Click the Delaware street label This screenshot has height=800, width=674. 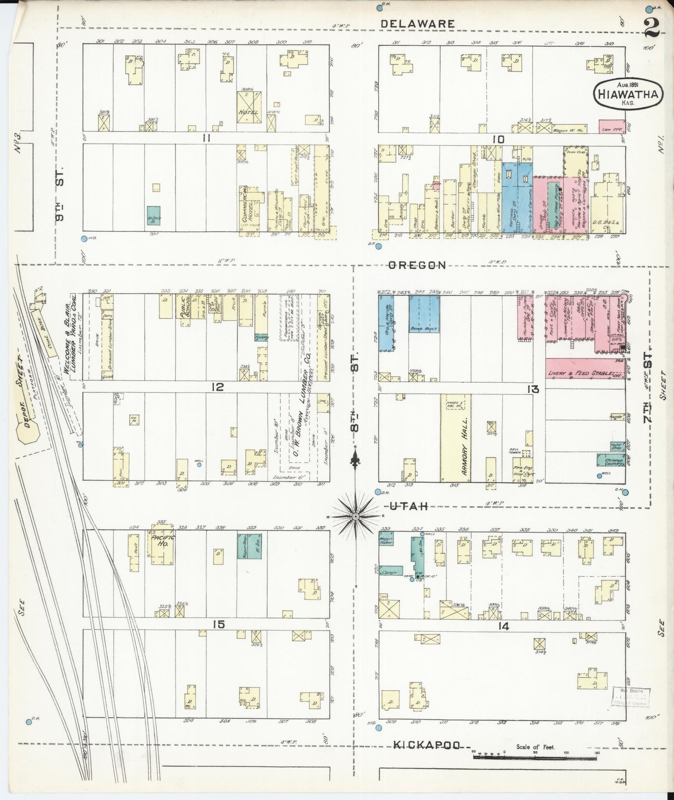coord(417,23)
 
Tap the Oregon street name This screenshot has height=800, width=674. coord(417,265)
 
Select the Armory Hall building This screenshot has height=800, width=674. coord(455,438)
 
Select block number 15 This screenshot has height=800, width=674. coord(219,624)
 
